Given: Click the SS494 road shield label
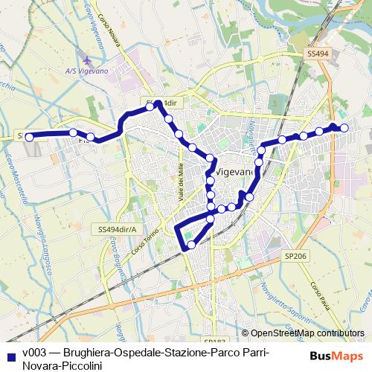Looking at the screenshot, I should coord(317,54).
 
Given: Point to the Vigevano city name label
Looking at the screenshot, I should coord(234,171).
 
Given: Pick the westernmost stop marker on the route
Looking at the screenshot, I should coord(30,136).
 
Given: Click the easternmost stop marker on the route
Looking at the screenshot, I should coord(344,128).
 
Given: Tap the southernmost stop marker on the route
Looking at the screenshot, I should coord(191,244).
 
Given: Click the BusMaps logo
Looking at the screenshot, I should coord(337,356).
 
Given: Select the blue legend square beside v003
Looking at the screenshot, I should coord(12,353).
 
